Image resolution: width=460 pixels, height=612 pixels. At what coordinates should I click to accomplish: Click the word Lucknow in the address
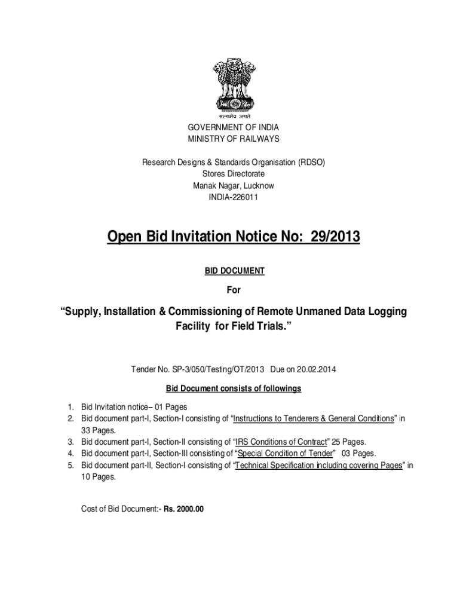click(258, 185)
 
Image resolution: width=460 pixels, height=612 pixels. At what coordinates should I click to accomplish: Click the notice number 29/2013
click(334, 237)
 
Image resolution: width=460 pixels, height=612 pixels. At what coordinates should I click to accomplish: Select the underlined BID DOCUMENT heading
click(234, 271)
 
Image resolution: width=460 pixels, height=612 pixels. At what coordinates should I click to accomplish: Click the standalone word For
click(234, 290)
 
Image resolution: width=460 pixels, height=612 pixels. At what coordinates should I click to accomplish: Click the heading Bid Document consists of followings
click(234, 388)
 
